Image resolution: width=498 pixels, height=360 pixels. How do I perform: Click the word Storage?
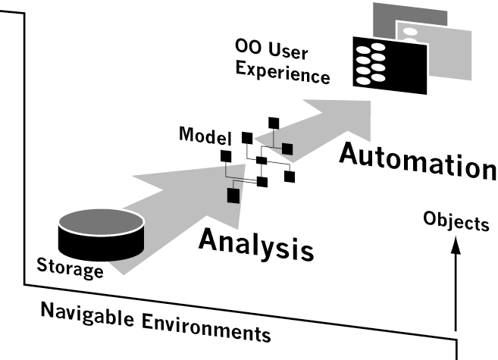pyautogui.click(x=70, y=266)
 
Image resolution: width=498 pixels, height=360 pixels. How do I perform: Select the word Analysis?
pyautogui.click(x=255, y=242)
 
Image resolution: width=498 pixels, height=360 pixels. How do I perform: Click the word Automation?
pyautogui.click(x=416, y=160)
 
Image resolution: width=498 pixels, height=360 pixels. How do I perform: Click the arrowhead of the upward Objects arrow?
pyautogui.click(x=456, y=246)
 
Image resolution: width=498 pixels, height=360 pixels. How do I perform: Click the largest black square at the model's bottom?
pyautogui.click(x=233, y=195)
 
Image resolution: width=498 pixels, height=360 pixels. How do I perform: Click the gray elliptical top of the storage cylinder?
pyautogui.click(x=101, y=223)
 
